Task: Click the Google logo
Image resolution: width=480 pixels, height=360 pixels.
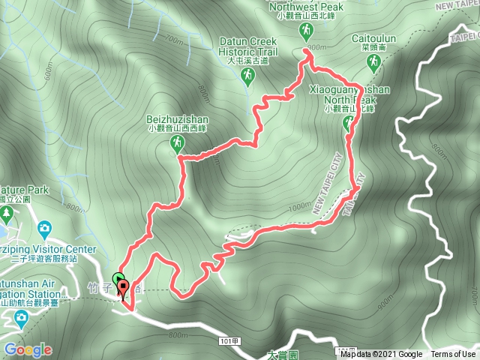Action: pyautogui.click(x=28, y=349)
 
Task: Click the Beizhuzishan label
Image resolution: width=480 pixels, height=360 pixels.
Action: pyautogui.click(x=178, y=119)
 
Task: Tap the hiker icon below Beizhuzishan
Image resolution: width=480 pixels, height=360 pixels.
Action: pyautogui.click(x=177, y=142)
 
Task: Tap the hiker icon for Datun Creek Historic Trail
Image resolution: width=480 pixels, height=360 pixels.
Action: pyautogui.click(x=246, y=75)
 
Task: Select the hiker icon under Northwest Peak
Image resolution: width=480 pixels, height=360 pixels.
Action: pyautogui.click(x=305, y=31)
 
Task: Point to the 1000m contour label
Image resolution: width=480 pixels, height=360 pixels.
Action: pyautogui.click(x=298, y=207)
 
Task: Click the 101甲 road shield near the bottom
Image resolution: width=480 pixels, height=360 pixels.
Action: pyautogui.click(x=230, y=340)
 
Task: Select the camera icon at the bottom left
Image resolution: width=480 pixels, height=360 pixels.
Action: pyautogui.click(x=19, y=319)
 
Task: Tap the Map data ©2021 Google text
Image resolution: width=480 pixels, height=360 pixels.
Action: pyautogui.click(x=381, y=354)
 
